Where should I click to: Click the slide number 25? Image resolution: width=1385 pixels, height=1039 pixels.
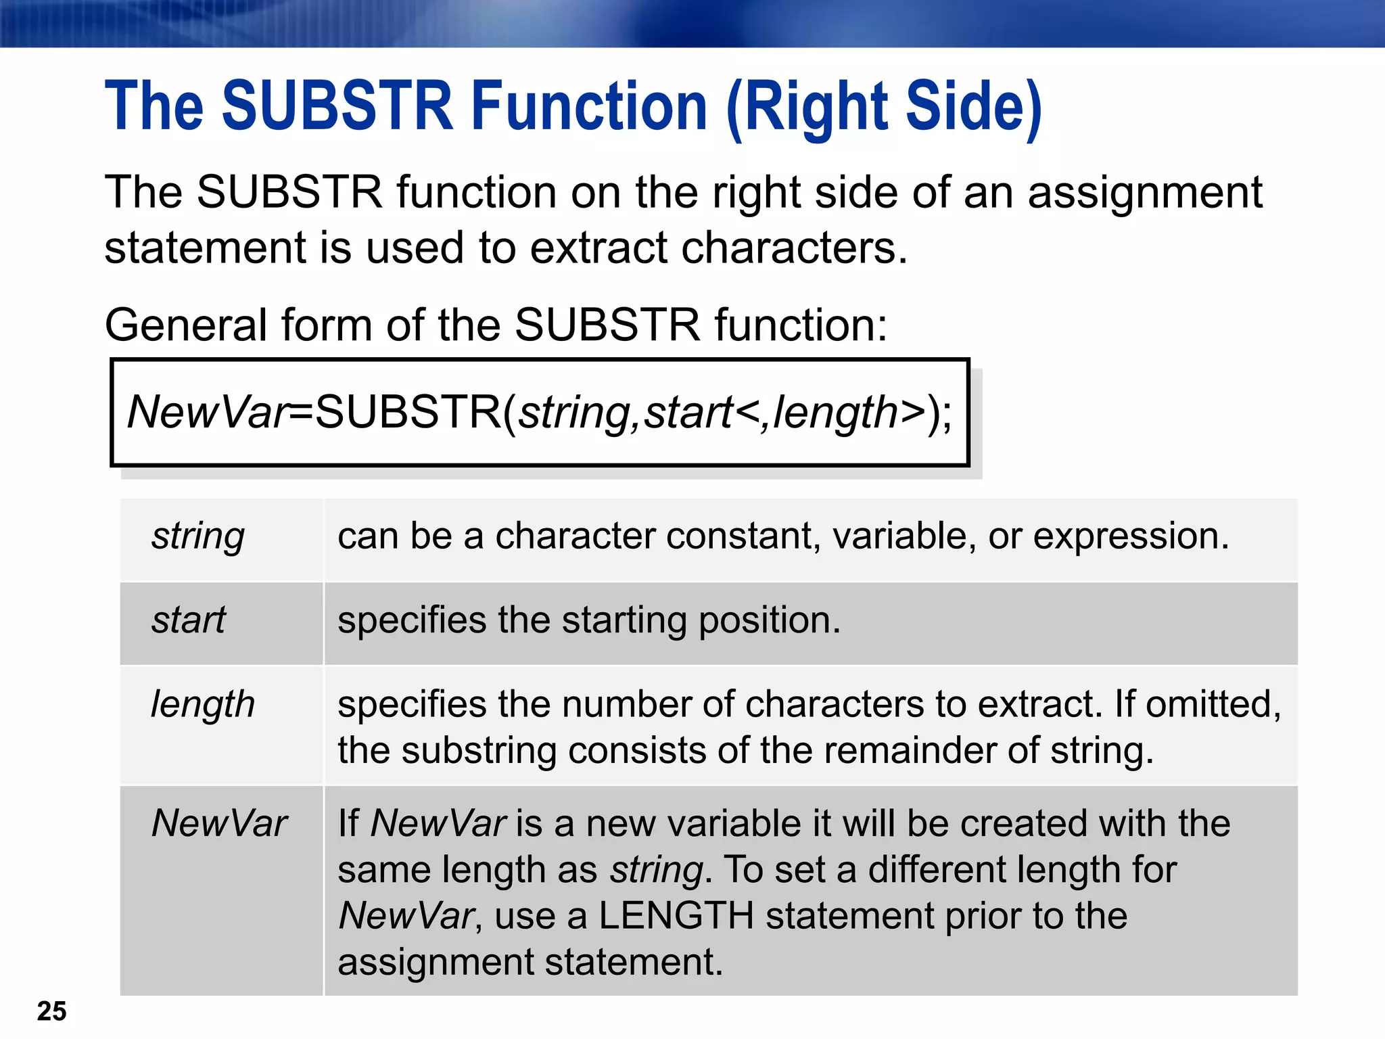[x=51, y=1011]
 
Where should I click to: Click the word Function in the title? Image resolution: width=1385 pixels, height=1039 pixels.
[x=589, y=106]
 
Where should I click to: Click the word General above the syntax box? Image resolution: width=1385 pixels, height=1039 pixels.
[x=185, y=325]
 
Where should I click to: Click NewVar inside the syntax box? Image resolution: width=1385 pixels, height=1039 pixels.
[x=207, y=412]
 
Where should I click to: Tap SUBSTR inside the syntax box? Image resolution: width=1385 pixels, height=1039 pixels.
[x=407, y=412]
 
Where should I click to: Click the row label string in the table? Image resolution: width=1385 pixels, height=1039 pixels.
[x=198, y=536]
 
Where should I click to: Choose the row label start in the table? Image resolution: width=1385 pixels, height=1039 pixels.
[x=189, y=620]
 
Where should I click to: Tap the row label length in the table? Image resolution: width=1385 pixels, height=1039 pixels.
[x=203, y=705]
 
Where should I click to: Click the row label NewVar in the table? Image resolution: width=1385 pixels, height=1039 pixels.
[x=219, y=823]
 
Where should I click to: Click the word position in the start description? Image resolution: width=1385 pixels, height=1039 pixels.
[x=769, y=621]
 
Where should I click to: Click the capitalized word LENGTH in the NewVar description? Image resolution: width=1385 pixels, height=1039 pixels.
[x=676, y=916]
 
